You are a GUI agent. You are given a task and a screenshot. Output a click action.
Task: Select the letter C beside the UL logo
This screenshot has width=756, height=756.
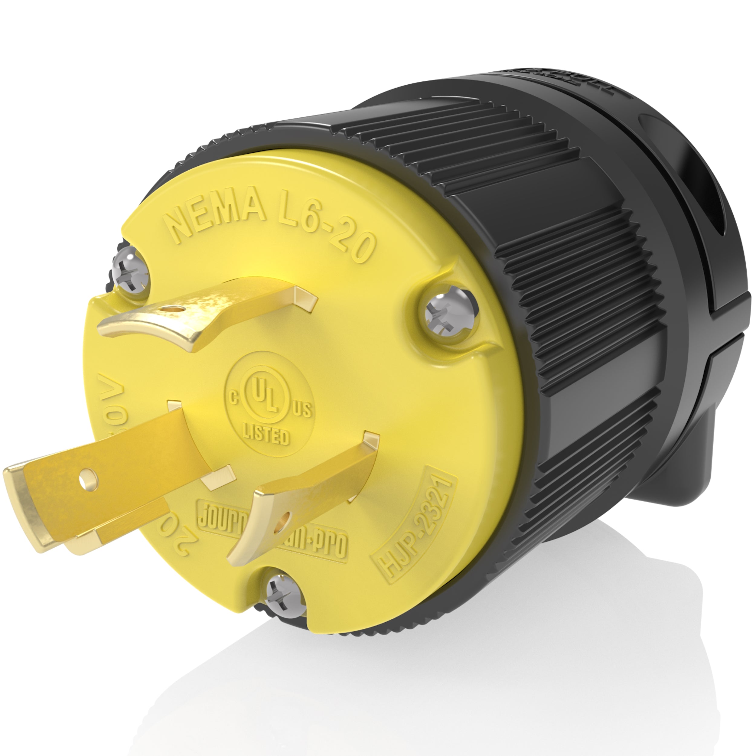234,398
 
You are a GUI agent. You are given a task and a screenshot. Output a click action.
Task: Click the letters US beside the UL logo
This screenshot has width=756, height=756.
302,409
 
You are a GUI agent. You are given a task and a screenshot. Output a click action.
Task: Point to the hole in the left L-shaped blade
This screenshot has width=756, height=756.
85,477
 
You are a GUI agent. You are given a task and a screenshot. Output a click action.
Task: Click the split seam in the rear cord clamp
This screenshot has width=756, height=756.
732,341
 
